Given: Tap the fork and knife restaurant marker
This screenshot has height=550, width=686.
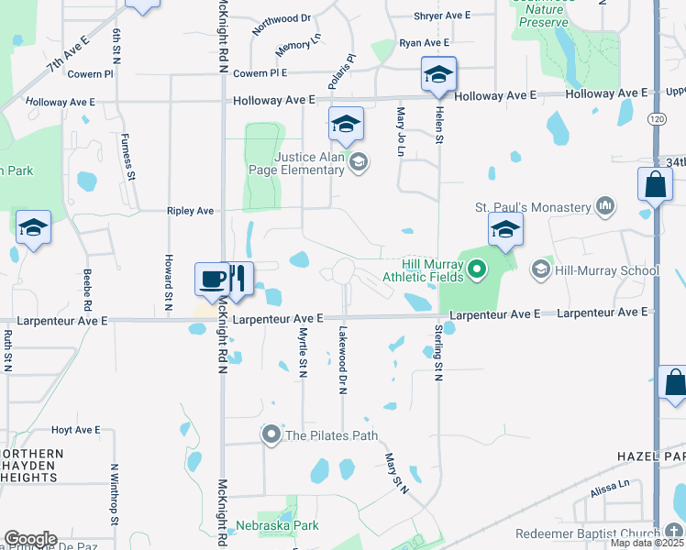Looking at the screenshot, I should coord(238,279).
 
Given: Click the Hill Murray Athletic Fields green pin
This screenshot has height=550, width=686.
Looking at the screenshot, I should coord(476,269).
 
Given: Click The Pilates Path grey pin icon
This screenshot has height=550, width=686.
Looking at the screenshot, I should coord(271,434).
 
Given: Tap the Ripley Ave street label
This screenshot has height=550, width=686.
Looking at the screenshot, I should coord(190,211).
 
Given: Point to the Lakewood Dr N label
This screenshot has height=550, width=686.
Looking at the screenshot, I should coord(342,359).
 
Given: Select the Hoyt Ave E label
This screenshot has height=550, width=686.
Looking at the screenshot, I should coord(75,430).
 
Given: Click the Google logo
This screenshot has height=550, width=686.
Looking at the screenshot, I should coord(30,539).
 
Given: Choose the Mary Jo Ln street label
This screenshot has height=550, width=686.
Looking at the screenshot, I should coord(400,130).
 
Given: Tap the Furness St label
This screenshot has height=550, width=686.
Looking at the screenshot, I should coord(129,157).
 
